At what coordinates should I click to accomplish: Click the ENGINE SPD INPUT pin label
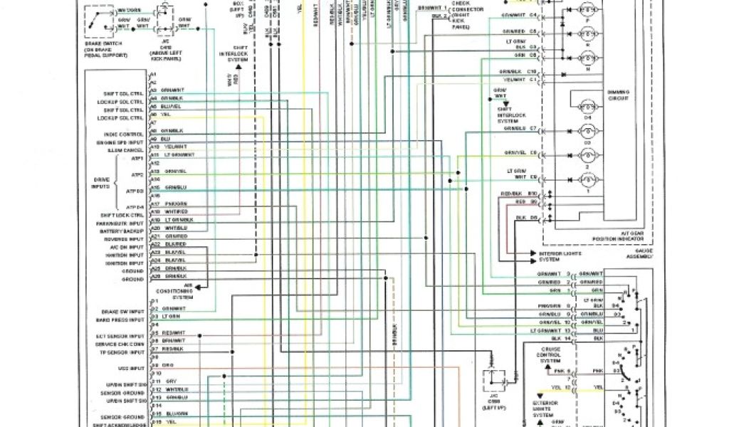tap(125, 143)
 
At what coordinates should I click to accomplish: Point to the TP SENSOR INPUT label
tap(125, 352)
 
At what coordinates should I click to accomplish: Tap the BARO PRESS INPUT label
tap(125, 320)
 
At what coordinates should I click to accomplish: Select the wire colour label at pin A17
tap(174, 205)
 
